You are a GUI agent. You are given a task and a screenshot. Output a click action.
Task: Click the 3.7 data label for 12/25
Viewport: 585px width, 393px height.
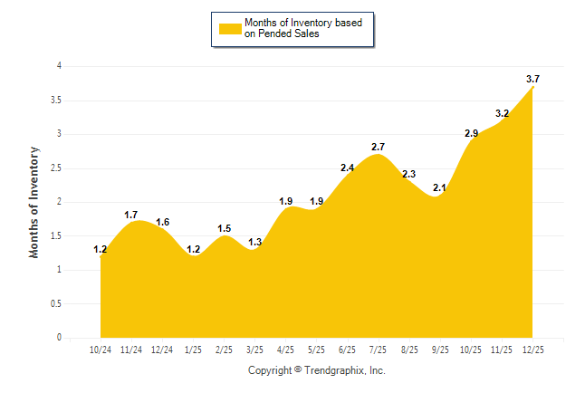[x=532, y=80]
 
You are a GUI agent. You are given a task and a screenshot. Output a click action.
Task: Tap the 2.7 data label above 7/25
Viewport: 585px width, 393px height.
[x=379, y=147]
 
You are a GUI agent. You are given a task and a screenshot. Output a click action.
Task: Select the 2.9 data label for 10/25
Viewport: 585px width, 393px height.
[x=471, y=133]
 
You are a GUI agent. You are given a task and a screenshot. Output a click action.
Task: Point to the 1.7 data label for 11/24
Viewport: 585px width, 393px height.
[x=131, y=215]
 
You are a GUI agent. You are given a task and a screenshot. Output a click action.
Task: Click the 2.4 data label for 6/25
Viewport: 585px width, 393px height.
[x=348, y=168]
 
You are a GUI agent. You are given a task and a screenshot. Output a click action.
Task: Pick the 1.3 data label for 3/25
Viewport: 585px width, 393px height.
[x=254, y=242]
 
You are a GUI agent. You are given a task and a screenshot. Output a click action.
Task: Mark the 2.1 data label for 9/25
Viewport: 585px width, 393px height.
[x=440, y=187]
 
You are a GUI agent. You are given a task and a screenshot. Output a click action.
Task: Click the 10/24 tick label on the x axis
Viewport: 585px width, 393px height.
[x=101, y=350]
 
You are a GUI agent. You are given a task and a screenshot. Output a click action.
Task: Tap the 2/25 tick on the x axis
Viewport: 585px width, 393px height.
[x=224, y=350]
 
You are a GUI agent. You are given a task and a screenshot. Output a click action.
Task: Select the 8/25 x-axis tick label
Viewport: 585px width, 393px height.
[x=409, y=350]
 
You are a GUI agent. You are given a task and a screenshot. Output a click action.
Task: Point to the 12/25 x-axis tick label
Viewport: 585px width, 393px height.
[x=532, y=350]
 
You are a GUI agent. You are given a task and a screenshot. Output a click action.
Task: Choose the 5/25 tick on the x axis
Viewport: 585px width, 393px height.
[x=317, y=350]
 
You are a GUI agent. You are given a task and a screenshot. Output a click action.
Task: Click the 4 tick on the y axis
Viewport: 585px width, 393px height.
[x=59, y=66]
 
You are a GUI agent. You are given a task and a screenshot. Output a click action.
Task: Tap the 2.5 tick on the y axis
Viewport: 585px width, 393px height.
[x=56, y=168]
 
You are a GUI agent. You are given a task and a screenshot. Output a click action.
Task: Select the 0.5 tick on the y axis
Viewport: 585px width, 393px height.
[x=56, y=303]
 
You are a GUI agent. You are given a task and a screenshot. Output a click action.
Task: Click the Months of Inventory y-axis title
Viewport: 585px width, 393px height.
[x=34, y=201]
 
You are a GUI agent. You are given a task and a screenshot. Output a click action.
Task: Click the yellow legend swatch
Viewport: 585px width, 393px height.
[x=229, y=28]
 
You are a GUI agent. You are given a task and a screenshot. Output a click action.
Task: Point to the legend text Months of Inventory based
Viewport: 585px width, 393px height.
[x=303, y=23]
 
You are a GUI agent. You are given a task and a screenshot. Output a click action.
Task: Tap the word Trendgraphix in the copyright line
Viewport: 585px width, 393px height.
[x=335, y=370]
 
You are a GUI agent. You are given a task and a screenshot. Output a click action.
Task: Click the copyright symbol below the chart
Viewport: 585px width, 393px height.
[x=298, y=369]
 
